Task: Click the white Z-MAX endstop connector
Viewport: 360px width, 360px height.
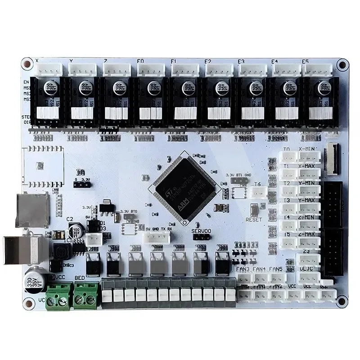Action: [310, 242]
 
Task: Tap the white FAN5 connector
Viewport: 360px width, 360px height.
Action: [277, 278]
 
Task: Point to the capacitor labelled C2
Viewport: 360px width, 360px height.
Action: [75, 232]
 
